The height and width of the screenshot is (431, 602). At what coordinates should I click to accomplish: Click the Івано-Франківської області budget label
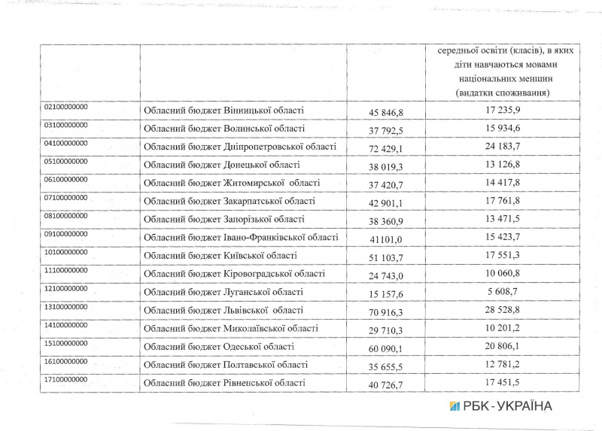241,237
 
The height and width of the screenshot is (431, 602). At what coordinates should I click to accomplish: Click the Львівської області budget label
223,310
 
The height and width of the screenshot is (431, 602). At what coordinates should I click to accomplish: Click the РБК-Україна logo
500,406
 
